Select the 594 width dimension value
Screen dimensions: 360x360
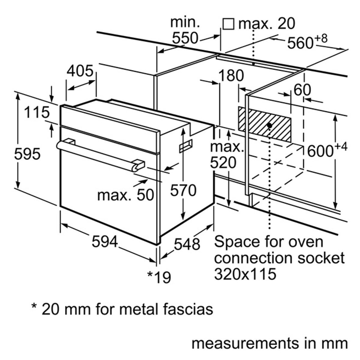click(x=105, y=241)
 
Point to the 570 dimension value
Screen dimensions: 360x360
click(x=183, y=190)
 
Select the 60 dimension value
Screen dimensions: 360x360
click(x=302, y=90)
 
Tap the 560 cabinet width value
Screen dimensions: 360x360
click(x=300, y=43)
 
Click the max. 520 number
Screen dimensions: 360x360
click(x=223, y=163)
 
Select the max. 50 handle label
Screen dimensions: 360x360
click(x=125, y=195)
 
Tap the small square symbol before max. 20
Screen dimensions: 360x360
click(x=229, y=24)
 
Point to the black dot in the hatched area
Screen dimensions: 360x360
click(x=269, y=125)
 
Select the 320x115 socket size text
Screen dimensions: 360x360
click(x=245, y=274)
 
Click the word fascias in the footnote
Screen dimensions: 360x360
click(x=187, y=309)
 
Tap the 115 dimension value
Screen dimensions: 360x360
click(x=37, y=113)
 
